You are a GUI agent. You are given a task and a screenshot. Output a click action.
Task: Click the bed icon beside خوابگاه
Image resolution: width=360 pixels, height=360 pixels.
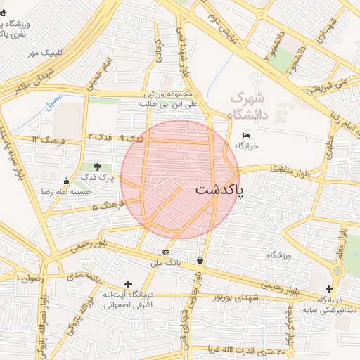(246, 135)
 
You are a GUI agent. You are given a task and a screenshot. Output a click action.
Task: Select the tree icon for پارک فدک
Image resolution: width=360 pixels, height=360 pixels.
(97, 167)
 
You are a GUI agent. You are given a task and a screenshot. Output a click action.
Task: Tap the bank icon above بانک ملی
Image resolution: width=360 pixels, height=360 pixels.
(165, 252)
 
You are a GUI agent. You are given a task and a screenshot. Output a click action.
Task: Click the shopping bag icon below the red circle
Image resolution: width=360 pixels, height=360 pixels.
(201, 261)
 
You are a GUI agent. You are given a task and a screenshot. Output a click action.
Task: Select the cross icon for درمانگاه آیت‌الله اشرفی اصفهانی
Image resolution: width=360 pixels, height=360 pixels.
(128, 283)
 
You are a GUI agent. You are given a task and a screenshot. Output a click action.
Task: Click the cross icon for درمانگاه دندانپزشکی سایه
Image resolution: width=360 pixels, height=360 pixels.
(329, 289)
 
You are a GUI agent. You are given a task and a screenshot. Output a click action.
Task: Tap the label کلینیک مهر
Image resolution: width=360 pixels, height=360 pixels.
(45, 53)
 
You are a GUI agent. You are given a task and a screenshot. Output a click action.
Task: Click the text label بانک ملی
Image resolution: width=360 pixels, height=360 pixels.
(166, 264)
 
